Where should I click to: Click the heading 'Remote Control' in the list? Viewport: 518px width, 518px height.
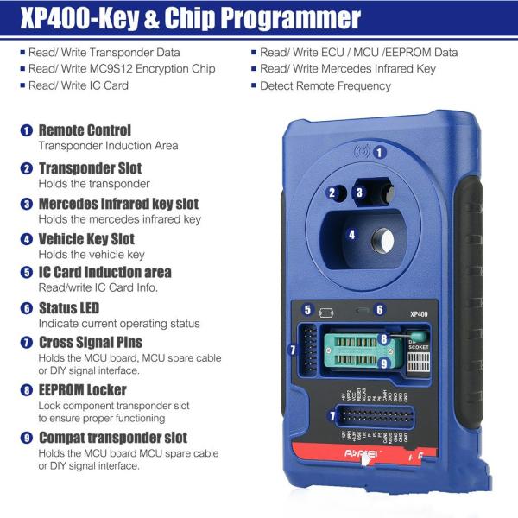[85, 130]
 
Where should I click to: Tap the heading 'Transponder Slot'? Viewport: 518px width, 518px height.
[90, 168]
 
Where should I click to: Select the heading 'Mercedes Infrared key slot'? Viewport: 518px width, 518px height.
[118, 205]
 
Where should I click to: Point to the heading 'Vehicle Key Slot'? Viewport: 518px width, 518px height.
[86, 239]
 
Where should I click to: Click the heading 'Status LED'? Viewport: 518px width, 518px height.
[68, 308]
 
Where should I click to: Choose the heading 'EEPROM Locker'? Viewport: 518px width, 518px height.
[82, 390]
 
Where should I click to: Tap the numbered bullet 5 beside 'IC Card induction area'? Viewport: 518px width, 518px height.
[27, 272]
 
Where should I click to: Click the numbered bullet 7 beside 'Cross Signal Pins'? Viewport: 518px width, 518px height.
[27, 343]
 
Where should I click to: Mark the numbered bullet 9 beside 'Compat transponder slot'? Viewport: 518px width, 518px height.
[27, 438]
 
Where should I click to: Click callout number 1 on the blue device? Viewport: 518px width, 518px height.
[378, 152]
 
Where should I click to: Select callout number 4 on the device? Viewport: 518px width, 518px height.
[351, 234]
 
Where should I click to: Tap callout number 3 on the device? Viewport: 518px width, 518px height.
[359, 193]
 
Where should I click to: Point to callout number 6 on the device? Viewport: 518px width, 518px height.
[379, 309]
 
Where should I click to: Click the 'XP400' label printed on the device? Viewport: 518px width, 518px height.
[420, 315]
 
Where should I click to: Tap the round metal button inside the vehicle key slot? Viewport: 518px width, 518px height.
[380, 234]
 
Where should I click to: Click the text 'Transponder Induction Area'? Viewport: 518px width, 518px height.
[108, 146]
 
